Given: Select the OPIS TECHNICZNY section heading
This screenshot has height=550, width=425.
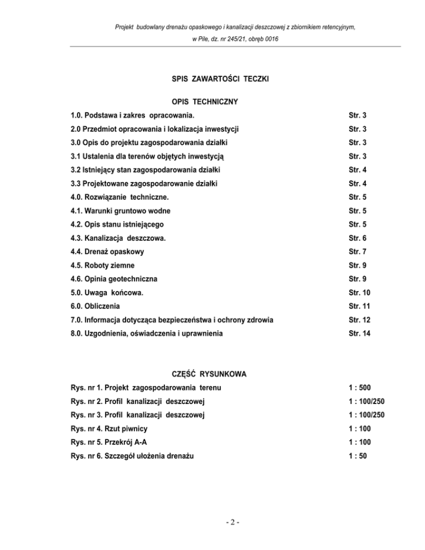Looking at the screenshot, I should pyautogui.click(x=212, y=102).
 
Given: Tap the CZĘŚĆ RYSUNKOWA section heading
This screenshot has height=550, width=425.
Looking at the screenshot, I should pyautogui.click(x=212, y=375).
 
